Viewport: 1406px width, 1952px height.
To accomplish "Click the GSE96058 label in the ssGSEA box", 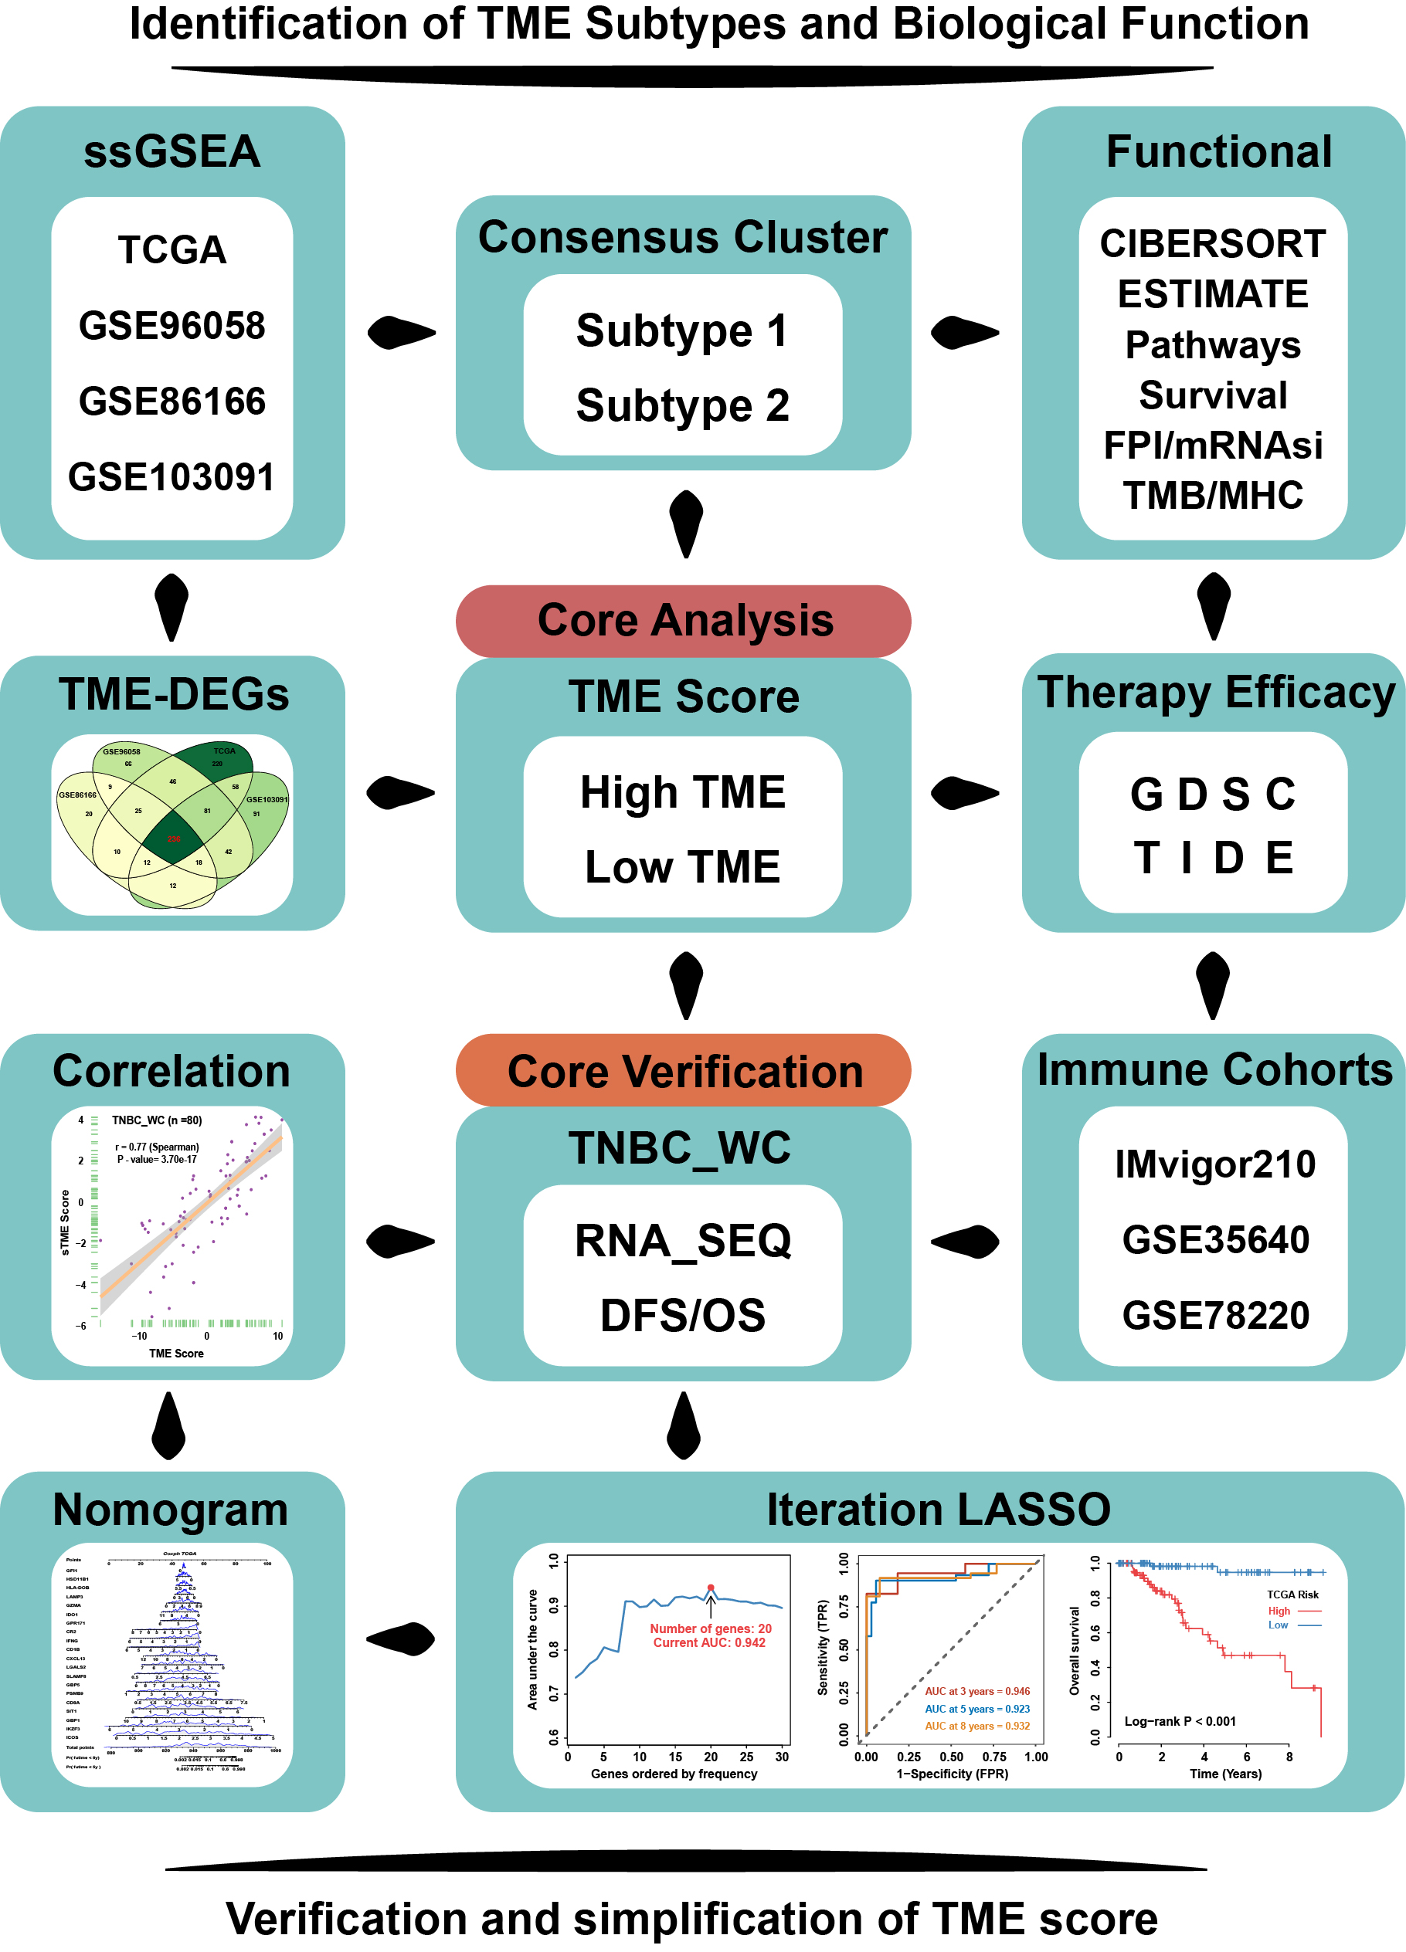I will (x=172, y=326).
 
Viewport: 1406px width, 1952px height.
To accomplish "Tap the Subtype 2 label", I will (x=682, y=405).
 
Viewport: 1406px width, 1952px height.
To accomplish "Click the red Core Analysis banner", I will (x=684, y=621).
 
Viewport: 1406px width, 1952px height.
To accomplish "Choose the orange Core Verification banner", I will (x=684, y=1072).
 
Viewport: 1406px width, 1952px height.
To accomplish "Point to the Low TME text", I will (x=682, y=866).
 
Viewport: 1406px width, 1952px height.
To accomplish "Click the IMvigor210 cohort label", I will (x=1214, y=1164).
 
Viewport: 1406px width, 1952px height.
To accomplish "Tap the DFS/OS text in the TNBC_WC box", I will (x=682, y=1315).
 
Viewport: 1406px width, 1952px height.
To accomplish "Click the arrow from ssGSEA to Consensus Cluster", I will (x=401, y=332).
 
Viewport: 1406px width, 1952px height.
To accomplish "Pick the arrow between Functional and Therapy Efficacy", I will (x=1213, y=606).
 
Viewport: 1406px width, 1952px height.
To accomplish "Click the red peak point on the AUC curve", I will (x=710, y=1587).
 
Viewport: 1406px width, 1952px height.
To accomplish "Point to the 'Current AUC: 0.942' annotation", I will (x=708, y=1642).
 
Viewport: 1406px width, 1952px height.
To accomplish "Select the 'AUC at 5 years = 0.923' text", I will (x=976, y=1709).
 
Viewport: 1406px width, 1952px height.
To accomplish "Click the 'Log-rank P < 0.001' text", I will (x=1180, y=1721).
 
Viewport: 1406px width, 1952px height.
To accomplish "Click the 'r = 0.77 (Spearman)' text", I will (x=157, y=1147).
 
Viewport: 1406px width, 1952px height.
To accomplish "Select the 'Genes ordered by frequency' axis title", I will (x=674, y=1774).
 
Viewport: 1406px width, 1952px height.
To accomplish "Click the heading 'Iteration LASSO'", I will (x=939, y=1510).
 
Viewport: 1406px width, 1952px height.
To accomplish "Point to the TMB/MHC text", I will (x=1212, y=496).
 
